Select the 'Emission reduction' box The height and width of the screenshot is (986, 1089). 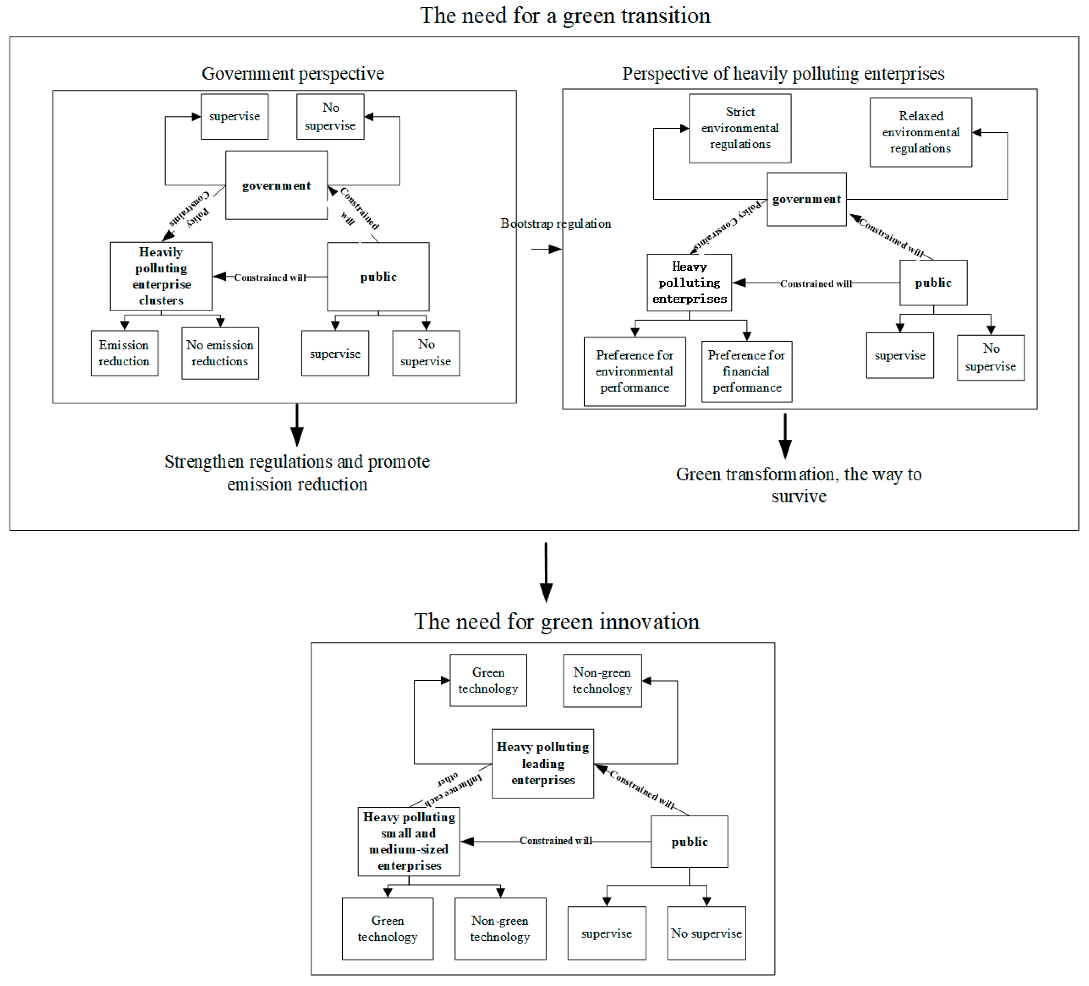coord(124,353)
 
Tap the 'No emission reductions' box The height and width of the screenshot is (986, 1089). coord(220,353)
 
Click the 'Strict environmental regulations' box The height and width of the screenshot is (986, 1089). coord(740,128)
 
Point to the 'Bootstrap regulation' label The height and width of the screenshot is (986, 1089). coord(555,224)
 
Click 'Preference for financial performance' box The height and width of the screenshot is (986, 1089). coord(747,372)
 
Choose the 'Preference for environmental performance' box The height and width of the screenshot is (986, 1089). coord(634,372)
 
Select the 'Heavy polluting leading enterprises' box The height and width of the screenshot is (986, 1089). coord(542,764)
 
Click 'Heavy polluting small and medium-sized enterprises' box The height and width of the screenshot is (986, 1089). coord(409,841)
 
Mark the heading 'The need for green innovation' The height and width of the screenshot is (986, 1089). coord(556,622)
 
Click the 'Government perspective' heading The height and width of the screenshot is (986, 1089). coord(293,73)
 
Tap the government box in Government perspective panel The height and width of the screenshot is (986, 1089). coord(276,185)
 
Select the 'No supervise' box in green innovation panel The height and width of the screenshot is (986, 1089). coord(706,933)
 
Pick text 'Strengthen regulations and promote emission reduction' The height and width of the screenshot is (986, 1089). coord(297,473)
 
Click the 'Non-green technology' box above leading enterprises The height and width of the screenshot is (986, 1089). coord(602,681)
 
